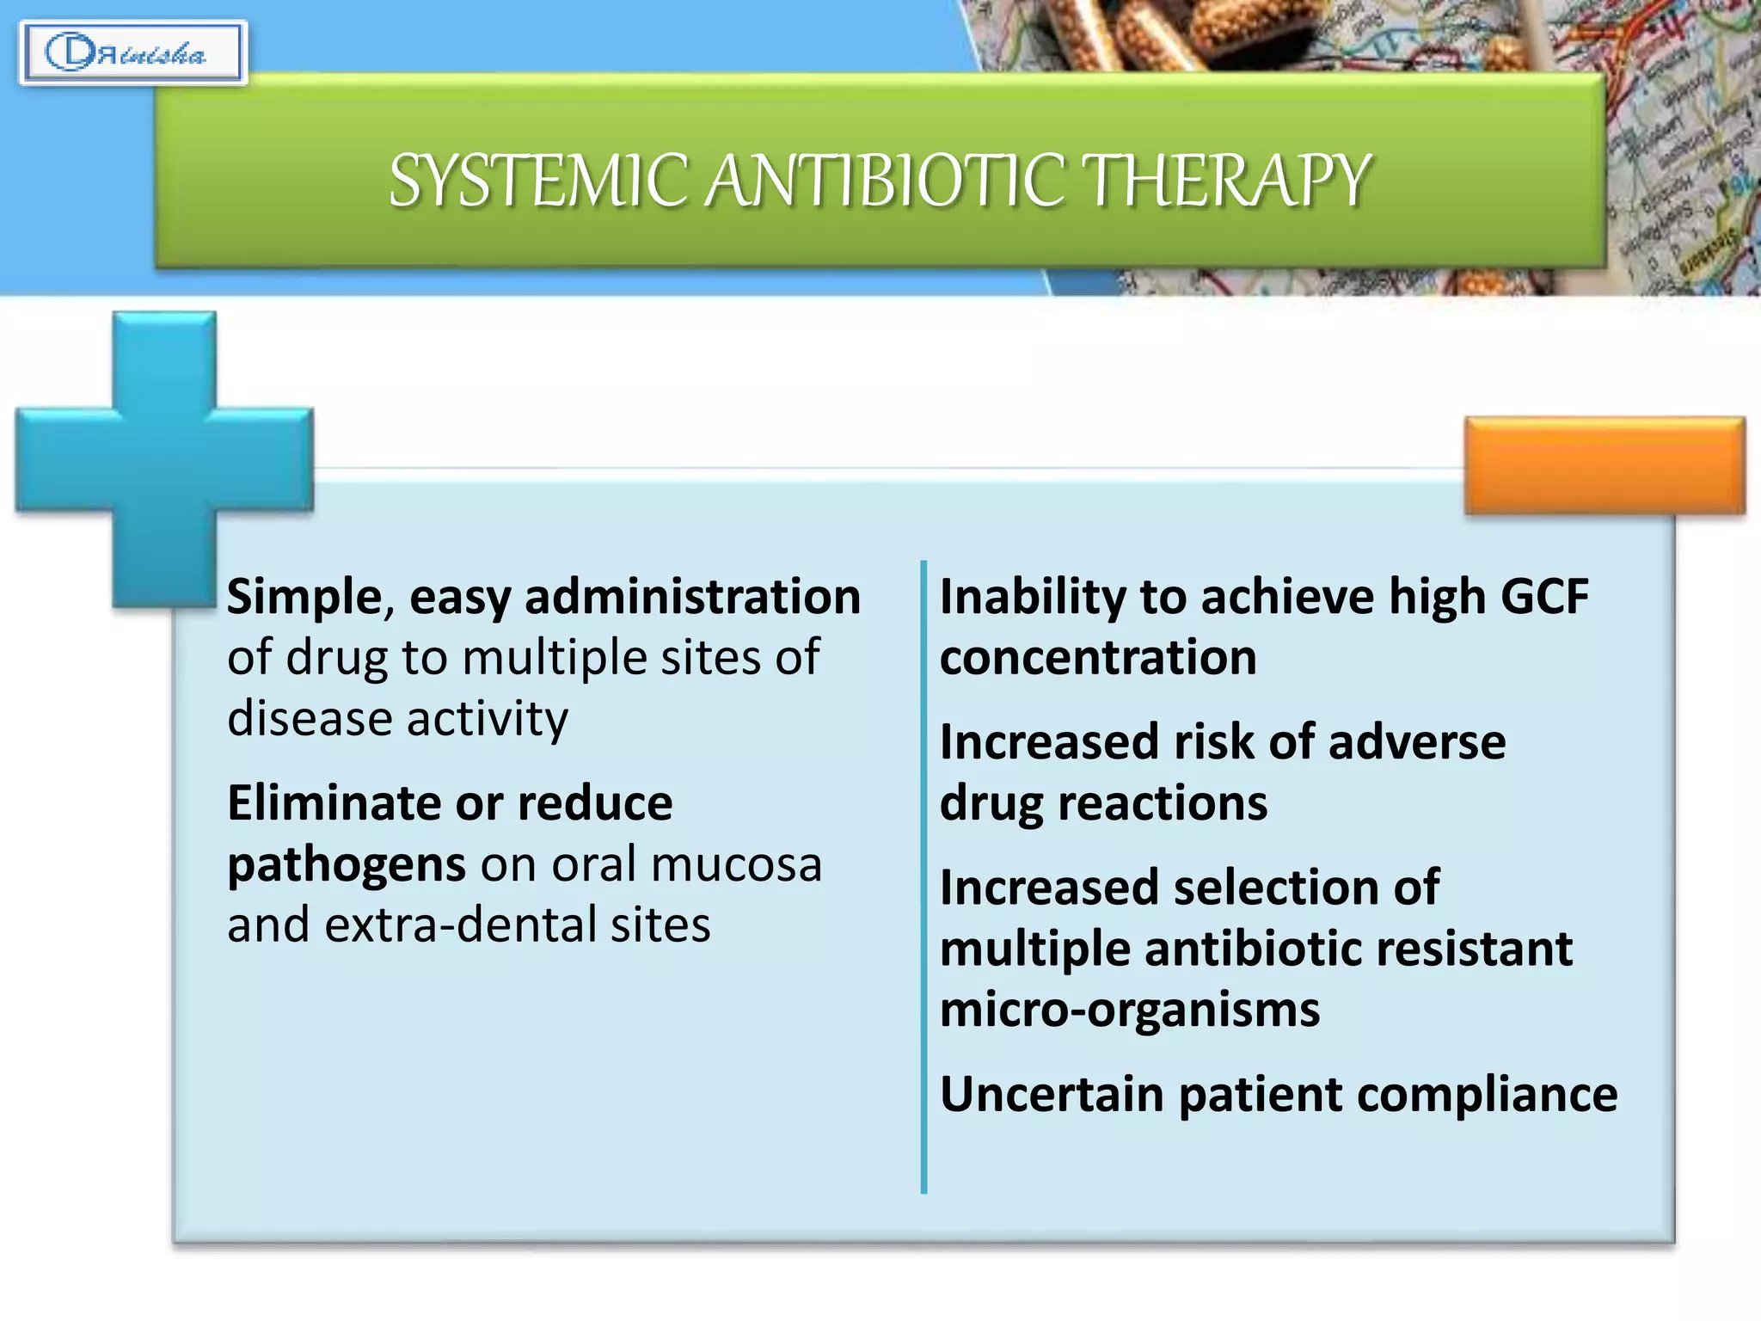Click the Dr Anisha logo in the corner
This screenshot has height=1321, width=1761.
point(132,53)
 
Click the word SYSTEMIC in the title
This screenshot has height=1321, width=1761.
point(538,181)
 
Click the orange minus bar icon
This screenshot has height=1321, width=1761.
point(1605,465)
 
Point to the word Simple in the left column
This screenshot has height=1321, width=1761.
point(304,597)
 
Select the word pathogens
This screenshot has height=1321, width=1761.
point(347,865)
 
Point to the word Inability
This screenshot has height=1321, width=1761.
point(1032,597)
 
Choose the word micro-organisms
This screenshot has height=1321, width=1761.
point(1129,1010)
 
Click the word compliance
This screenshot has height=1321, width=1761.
point(1487,1095)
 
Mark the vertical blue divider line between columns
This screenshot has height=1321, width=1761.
point(923,877)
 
